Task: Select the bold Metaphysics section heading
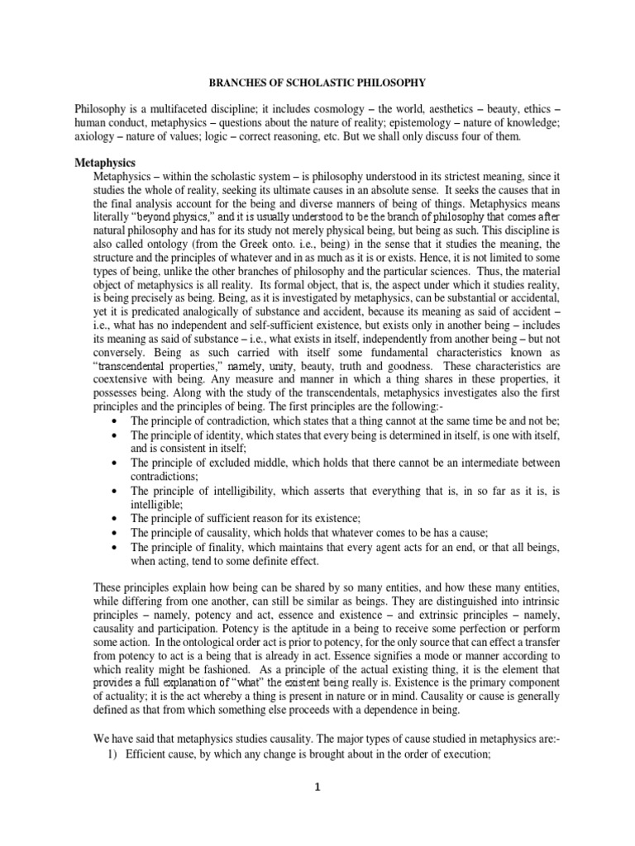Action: coord(105,163)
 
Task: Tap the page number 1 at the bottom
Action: coord(317,787)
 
